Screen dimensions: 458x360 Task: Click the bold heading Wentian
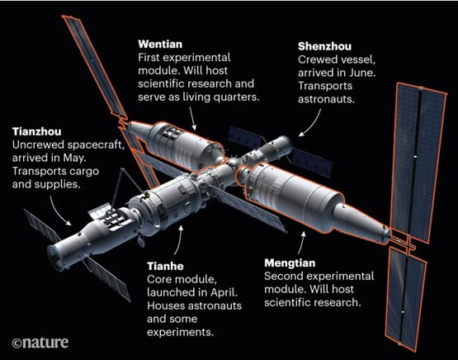pos(160,44)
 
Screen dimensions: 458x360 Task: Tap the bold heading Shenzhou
pos(324,46)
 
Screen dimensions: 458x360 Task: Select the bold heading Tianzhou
pos(37,131)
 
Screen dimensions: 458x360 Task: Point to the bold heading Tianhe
pos(165,266)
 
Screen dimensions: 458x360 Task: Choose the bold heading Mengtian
pos(290,263)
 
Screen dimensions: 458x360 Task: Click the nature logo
pos(40,343)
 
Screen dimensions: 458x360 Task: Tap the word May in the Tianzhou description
pos(74,158)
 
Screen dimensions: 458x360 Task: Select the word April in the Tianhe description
pos(224,292)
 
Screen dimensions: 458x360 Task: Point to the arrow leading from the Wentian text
pos(192,118)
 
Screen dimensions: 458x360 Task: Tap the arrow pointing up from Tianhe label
pos(179,240)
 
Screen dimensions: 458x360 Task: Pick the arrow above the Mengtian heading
pos(301,243)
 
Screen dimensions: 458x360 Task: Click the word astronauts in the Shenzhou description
pos(326,99)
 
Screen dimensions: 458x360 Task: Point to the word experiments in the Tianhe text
pos(180,332)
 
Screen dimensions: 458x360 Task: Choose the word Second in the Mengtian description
pos(282,276)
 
